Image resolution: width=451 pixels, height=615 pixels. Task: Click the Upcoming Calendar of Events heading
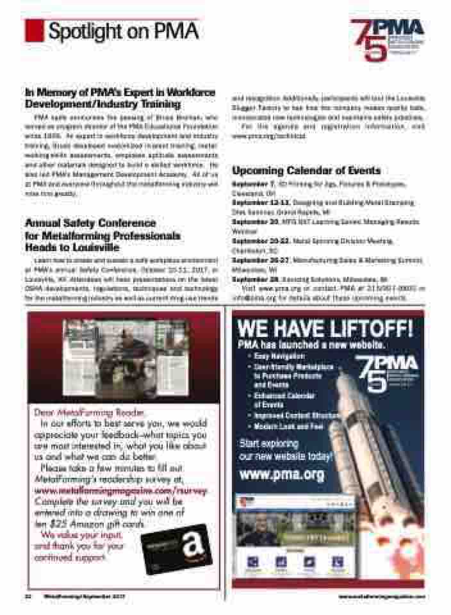tap(306, 170)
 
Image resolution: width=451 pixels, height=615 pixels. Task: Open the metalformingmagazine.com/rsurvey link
tap(114, 489)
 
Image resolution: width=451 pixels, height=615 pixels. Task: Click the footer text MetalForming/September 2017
tap(84, 595)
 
